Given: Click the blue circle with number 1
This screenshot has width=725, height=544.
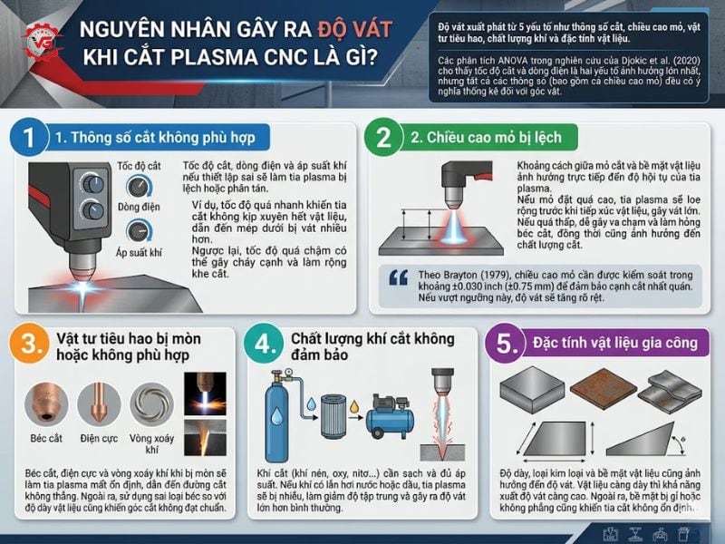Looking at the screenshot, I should click(x=29, y=138).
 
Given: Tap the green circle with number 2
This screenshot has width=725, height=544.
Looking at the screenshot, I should click(x=383, y=138).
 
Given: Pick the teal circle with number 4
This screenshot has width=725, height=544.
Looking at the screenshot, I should click(x=263, y=344).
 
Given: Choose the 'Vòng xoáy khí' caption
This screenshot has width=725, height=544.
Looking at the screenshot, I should click(x=150, y=442).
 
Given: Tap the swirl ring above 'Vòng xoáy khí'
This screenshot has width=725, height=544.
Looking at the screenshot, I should click(x=150, y=403).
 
